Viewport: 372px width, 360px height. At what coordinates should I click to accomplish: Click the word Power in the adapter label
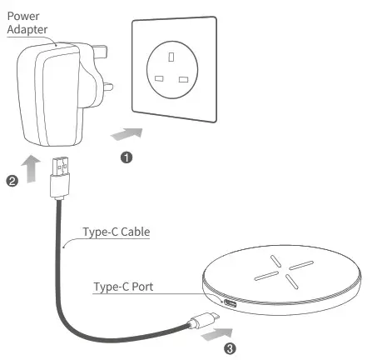[22, 14]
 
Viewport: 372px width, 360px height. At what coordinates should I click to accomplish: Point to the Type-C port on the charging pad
[227, 302]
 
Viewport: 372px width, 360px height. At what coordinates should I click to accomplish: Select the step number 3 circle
[231, 349]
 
